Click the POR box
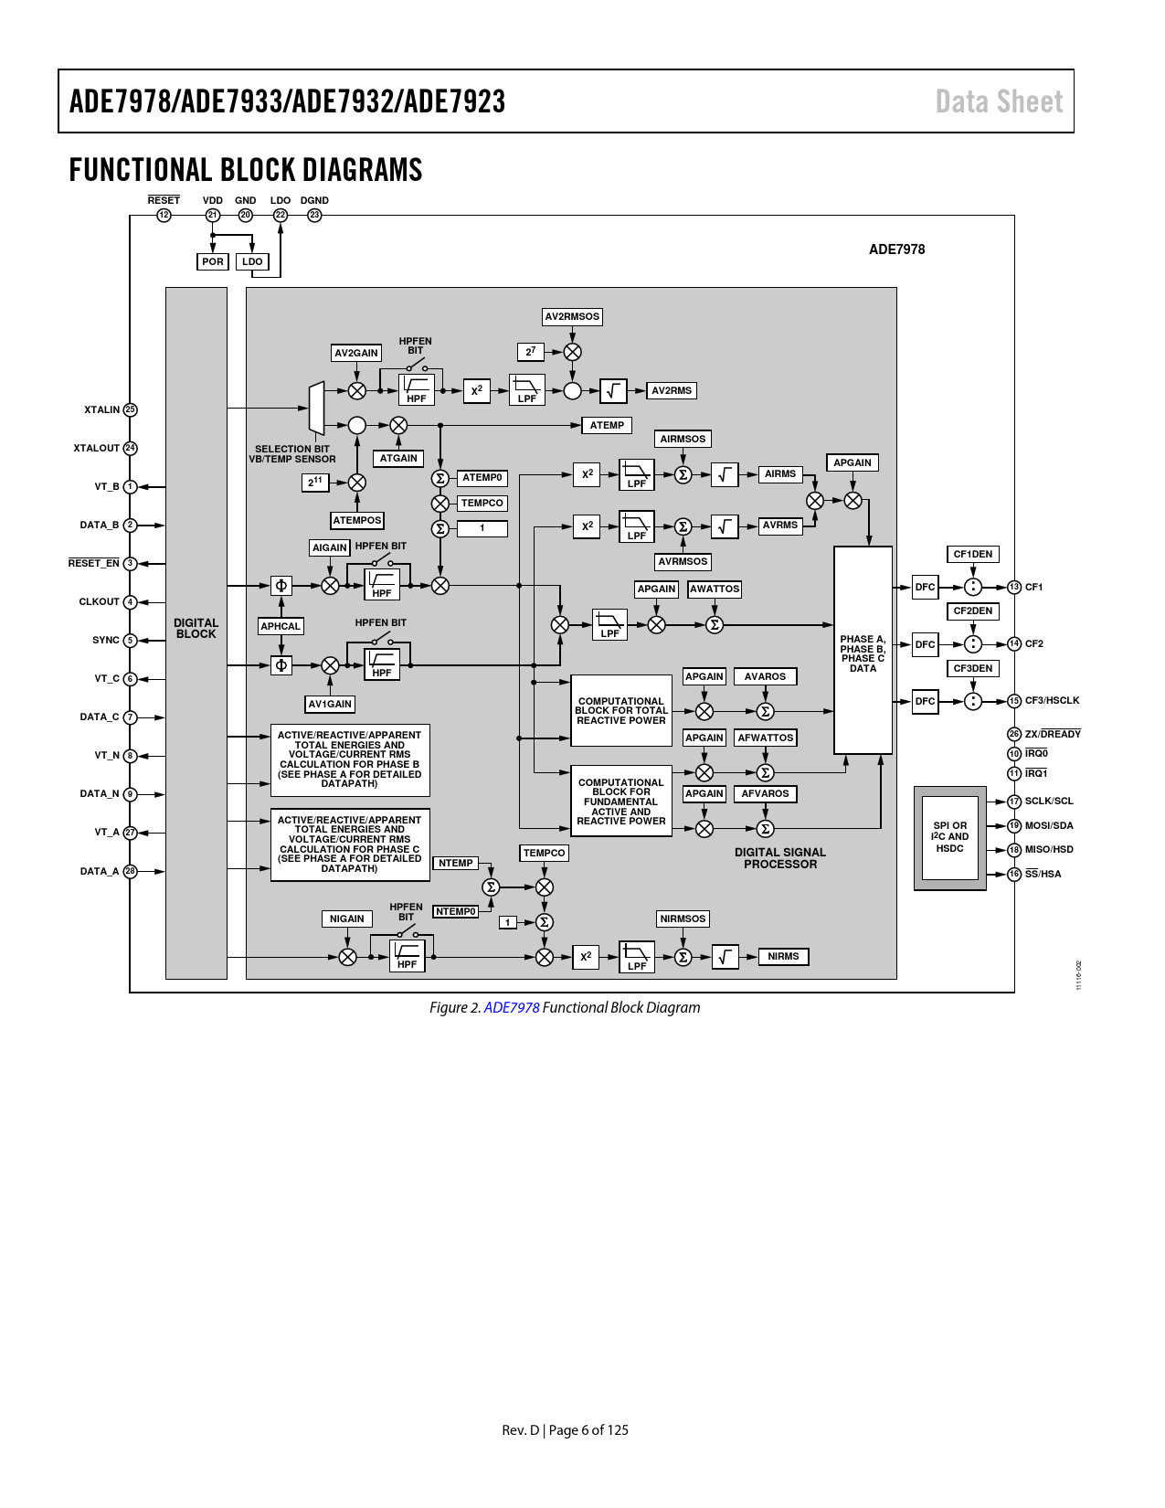[212, 261]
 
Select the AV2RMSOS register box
[572, 316]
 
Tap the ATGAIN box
[398, 458]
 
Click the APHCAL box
[281, 626]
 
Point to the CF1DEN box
[973, 554]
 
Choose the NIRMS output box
[783, 956]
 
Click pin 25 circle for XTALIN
[130, 409]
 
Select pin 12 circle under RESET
[164, 215]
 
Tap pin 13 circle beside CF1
[1014, 587]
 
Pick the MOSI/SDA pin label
[1048, 826]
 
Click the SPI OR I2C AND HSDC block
[950, 837]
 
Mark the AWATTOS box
[715, 589]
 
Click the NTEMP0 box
[456, 911]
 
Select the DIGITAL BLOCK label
[196, 629]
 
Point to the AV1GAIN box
[330, 705]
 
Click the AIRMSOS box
[683, 440]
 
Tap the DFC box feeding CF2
[925, 644]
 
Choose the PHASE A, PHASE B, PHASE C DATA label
[863, 653]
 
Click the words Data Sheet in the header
[999, 101]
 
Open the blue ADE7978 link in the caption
[512, 1008]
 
